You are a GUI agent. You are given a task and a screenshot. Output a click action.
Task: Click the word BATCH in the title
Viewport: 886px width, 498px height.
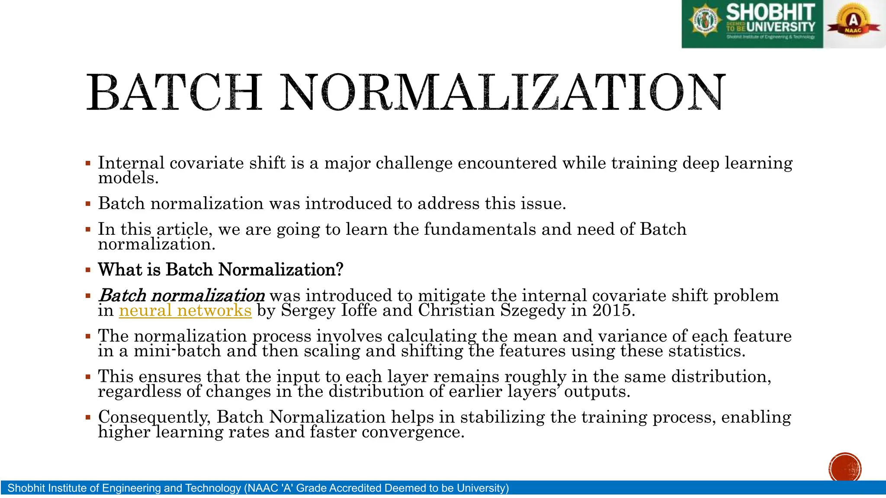[x=174, y=92]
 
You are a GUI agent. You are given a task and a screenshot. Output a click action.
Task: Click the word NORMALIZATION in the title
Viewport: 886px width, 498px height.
[x=502, y=92]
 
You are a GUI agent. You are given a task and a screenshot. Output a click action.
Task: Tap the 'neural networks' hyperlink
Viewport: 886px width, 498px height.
[x=185, y=310]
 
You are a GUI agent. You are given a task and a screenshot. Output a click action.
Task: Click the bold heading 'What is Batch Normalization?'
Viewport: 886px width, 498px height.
[x=221, y=270]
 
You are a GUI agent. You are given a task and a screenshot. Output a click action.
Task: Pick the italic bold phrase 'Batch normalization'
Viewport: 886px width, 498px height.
[x=182, y=296]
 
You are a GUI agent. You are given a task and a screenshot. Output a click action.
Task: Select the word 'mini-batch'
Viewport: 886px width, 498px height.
[x=177, y=351]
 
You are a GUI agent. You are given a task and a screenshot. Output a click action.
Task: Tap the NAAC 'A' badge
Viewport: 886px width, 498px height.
[x=853, y=22]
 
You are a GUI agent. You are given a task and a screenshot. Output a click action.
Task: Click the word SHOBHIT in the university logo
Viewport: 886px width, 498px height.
[x=770, y=12]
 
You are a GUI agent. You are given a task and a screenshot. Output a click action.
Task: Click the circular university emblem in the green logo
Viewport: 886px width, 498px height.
[x=706, y=20]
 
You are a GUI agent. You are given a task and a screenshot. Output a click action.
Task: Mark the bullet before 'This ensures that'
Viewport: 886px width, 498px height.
[x=88, y=377]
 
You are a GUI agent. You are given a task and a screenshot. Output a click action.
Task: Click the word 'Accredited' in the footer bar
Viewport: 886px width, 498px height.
[x=355, y=488]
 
